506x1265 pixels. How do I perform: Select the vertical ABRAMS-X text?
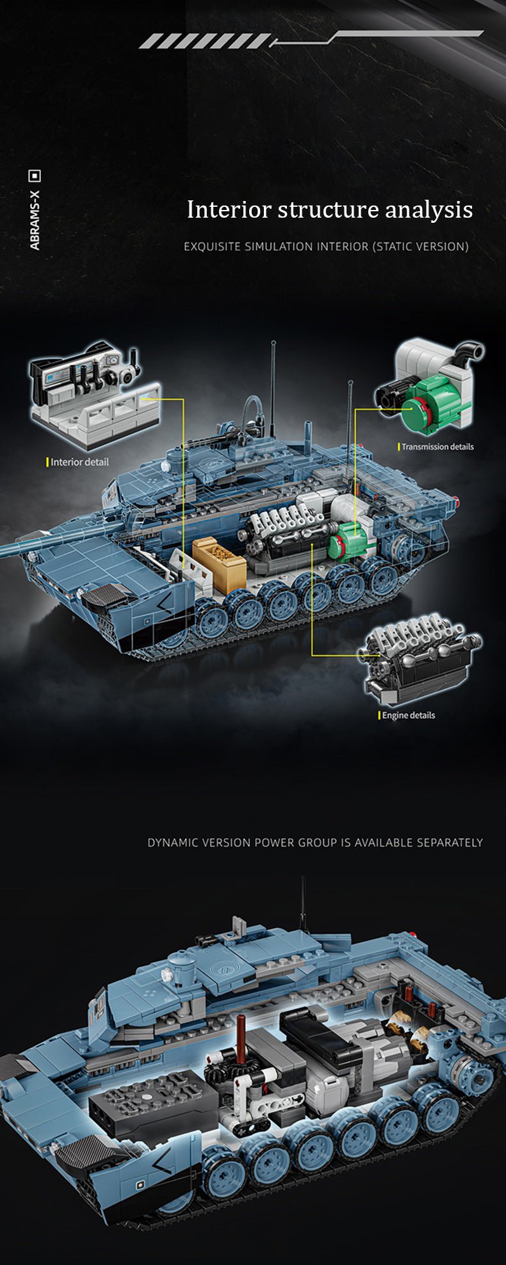[35, 220]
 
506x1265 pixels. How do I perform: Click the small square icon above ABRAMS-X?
[35, 175]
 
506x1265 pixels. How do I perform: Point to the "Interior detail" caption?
[79, 462]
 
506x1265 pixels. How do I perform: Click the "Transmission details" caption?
[437, 447]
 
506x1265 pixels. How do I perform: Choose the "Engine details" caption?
[408, 715]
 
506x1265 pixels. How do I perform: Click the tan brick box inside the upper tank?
[219, 563]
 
